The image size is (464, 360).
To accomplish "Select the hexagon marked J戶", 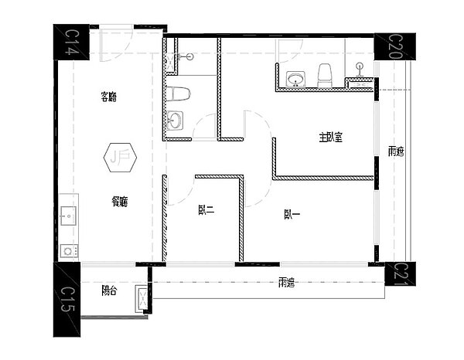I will [x=120, y=159].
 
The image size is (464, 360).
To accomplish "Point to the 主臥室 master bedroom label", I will [x=330, y=137].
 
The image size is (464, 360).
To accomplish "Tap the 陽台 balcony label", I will [x=110, y=290].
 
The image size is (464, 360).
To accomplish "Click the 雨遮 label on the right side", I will [x=395, y=151].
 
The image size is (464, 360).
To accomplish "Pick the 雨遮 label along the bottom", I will [x=286, y=283].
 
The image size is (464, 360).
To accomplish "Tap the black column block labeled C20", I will [x=394, y=46].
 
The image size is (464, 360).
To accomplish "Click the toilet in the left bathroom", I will [x=178, y=95].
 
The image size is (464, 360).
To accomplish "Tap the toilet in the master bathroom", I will [x=326, y=74].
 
